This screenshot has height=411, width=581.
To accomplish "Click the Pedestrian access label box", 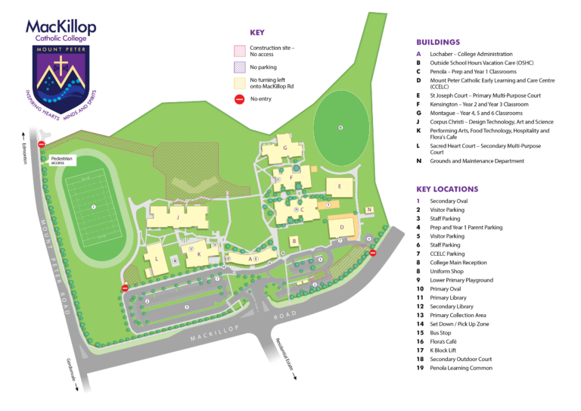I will tap(63, 160).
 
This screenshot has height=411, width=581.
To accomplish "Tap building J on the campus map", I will tap(179, 217).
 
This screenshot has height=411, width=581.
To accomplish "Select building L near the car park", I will tap(156, 259).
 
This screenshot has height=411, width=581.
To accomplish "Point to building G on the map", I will tap(284, 148).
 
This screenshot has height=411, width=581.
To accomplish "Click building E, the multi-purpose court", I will tap(340, 187).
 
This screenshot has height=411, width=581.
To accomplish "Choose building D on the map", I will tap(341, 226).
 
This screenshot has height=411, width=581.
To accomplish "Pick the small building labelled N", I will tap(369, 210).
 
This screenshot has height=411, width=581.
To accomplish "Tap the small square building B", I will tap(294, 241).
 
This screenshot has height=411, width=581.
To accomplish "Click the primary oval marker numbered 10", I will tap(340, 127).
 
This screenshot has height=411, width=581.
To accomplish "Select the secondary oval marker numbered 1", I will tap(93, 206).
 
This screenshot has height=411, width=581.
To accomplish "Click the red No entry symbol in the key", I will tap(240, 98).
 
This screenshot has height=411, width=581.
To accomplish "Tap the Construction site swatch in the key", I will tap(240, 51).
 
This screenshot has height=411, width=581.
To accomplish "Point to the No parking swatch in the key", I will tap(240, 67).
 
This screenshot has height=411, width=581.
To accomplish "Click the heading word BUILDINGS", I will tap(438, 42).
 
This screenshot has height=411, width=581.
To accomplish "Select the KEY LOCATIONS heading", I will tap(447, 188).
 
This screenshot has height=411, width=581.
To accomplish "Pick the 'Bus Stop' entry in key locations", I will tap(442, 332).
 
